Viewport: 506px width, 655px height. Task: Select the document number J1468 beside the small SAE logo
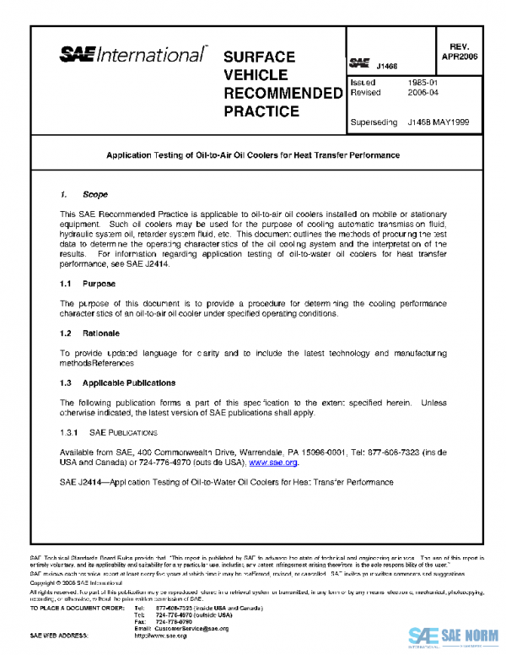click(x=387, y=65)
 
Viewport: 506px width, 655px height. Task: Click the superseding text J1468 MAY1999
click(x=438, y=122)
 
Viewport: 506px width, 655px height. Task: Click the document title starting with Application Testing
click(x=252, y=156)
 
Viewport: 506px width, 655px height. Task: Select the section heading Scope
click(x=95, y=195)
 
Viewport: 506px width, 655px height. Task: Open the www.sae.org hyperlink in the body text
click(x=273, y=463)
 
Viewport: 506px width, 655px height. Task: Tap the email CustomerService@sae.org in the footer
click(x=192, y=628)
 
